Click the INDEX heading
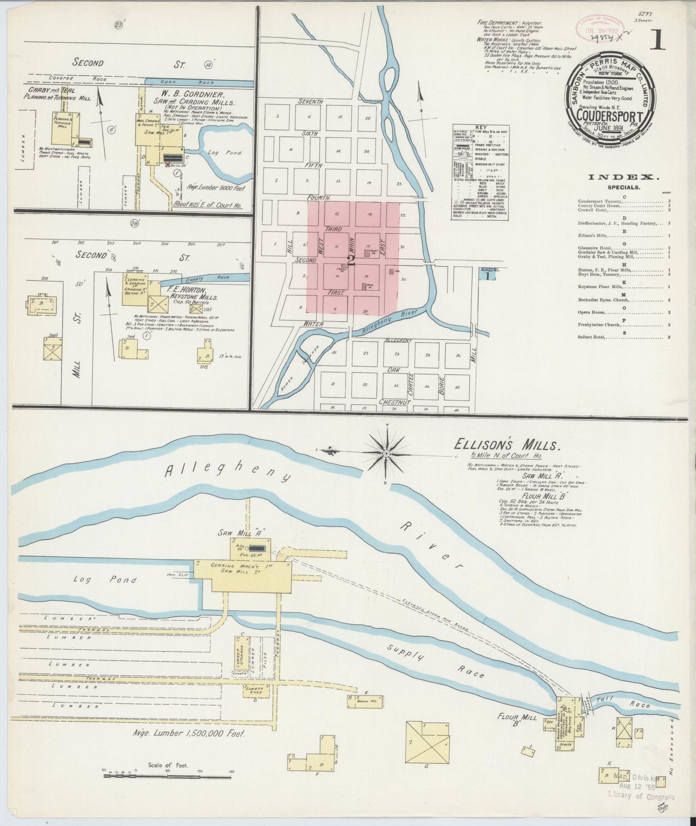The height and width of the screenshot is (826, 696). pyautogui.click(x=620, y=177)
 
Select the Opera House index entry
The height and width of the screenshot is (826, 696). pyautogui.click(x=591, y=312)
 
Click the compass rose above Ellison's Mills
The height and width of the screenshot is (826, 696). pyautogui.click(x=387, y=453)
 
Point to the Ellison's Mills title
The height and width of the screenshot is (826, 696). pyautogui.click(x=506, y=445)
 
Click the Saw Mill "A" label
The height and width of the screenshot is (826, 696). pyautogui.click(x=249, y=533)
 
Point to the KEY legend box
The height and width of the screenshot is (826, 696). pyautogui.click(x=480, y=173)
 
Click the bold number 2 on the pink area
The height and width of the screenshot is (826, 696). pyautogui.click(x=351, y=260)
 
